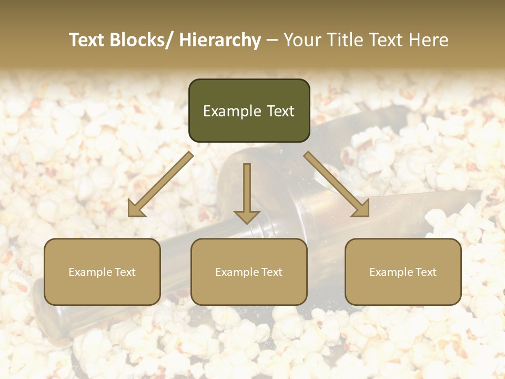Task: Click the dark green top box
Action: (x=249, y=111)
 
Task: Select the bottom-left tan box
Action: (x=102, y=272)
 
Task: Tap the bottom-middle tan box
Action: (x=249, y=272)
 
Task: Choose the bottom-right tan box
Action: (x=403, y=272)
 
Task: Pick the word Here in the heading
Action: (x=429, y=40)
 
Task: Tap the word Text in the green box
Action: (x=280, y=111)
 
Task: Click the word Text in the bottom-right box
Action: (x=426, y=272)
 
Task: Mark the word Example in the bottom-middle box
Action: (x=237, y=272)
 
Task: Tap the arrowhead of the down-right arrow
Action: (x=362, y=209)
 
